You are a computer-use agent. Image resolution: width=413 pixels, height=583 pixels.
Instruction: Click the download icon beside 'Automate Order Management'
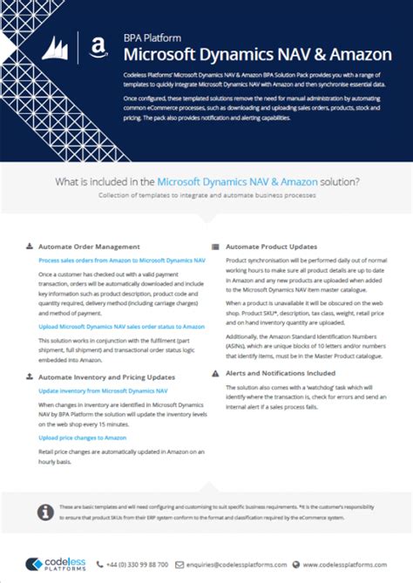(x=30, y=247)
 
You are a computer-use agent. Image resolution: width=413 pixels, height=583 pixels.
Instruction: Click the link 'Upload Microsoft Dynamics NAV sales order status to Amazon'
(x=122, y=326)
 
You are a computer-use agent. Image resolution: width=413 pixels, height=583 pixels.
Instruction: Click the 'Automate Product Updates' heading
(x=271, y=247)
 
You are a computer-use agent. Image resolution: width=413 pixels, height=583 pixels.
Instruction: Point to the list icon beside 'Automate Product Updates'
(x=216, y=247)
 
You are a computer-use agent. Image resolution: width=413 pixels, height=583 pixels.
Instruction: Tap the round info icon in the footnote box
(x=46, y=510)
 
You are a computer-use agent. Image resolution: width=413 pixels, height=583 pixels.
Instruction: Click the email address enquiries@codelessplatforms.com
(x=235, y=564)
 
